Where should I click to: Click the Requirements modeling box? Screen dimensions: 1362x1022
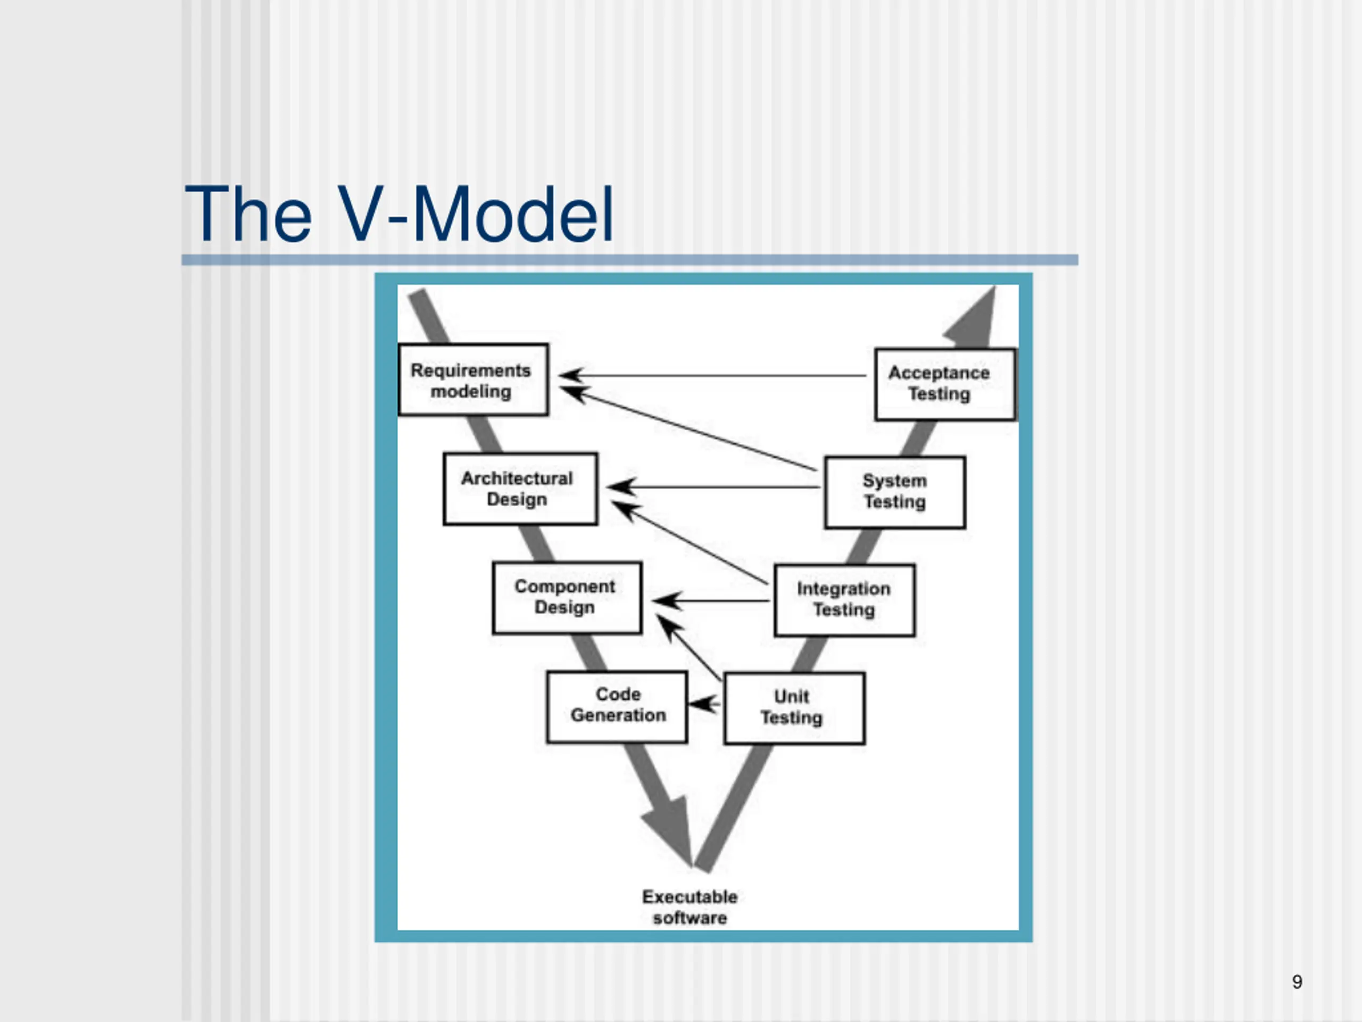coord(473,380)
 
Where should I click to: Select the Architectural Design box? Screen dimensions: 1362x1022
coord(520,489)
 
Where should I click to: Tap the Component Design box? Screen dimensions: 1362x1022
coord(567,598)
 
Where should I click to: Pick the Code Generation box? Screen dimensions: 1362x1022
coord(617,706)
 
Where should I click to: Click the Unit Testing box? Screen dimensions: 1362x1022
coord(794,708)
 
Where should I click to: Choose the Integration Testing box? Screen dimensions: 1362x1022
coord(845,600)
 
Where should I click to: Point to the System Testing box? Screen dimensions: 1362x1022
coord(895,492)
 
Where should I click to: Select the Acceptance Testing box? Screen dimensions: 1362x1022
coord(945,384)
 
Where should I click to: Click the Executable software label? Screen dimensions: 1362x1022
coord(690,907)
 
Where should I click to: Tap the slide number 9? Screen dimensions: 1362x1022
coord(1297,982)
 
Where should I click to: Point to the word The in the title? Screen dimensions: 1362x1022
coord(248,215)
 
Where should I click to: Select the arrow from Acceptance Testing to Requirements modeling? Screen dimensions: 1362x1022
coord(712,375)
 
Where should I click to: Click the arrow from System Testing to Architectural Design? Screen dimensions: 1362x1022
coord(713,487)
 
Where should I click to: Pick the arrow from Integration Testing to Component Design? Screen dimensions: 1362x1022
coord(711,600)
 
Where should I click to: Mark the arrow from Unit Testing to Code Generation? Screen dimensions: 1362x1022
coord(704,704)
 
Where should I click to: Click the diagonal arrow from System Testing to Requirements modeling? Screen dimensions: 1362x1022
coord(688,428)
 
